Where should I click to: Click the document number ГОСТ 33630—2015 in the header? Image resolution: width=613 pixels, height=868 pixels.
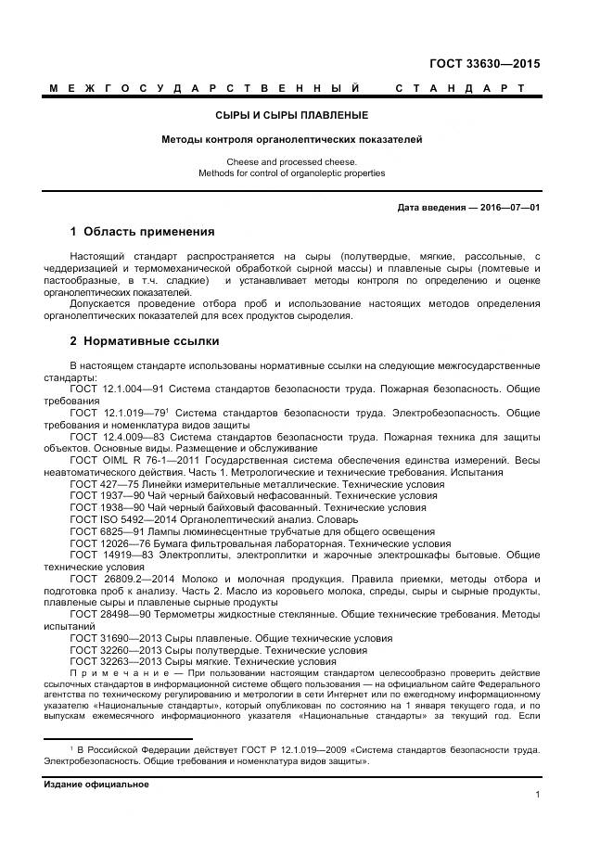[484, 64]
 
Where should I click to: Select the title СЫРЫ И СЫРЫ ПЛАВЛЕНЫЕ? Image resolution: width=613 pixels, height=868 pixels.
[291, 116]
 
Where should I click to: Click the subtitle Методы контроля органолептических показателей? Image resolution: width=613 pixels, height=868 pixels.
[291, 140]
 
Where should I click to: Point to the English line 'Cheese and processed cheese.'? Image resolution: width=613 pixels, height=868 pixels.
[291, 161]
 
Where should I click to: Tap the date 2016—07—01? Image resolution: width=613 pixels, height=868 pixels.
[509, 208]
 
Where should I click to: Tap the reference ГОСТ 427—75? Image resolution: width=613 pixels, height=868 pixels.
[104, 484]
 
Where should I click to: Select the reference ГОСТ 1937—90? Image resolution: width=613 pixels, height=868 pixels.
[108, 496]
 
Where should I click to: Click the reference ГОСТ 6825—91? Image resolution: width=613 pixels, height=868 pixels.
[108, 532]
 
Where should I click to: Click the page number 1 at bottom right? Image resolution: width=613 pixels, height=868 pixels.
[538, 796]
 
